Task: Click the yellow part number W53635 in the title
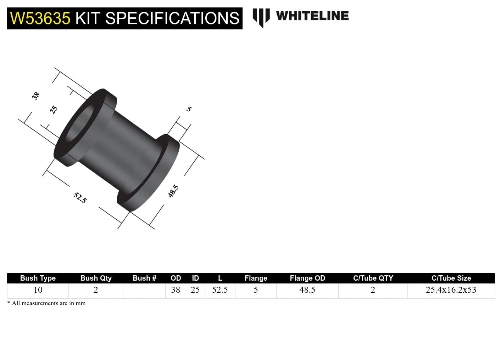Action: (x=40, y=18)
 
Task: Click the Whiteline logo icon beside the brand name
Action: (x=261, y=17)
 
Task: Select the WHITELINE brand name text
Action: (x=312, y=16)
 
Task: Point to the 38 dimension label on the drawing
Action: (x=36, y=96)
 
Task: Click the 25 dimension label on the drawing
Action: (x=54, y=109)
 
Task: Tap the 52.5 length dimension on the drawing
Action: (x=80, y=197)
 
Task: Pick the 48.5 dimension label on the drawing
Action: (x=173, y=191)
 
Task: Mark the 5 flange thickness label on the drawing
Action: (x=189, y=109)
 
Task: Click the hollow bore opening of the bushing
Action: (x=80, y=124)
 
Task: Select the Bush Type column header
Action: (x=38, y=278)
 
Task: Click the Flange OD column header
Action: (x=307, y=278)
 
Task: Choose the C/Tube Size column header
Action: (x=451, y=278)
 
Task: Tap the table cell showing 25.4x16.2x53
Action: (x=451, y=290)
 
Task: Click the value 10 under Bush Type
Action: (x=38, y=290)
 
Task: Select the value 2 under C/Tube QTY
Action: (x=373, y=290)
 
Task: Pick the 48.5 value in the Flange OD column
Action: (x=307, y=290)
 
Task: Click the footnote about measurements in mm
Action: (x=46, y=303)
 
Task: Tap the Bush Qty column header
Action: (x=96, y=278)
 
